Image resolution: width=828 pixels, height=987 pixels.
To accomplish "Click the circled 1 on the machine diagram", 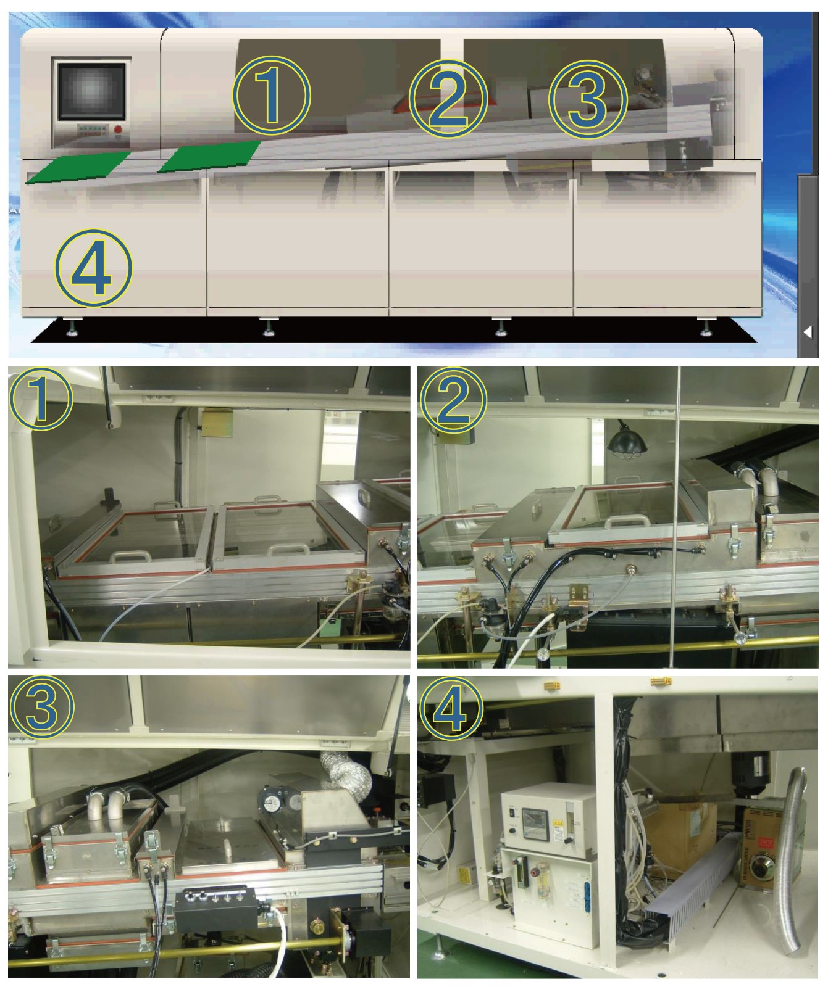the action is pos(272,94).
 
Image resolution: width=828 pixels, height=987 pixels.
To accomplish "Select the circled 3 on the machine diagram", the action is pos(588,97).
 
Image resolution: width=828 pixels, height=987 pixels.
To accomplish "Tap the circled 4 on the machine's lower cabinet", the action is pos(93,268).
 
